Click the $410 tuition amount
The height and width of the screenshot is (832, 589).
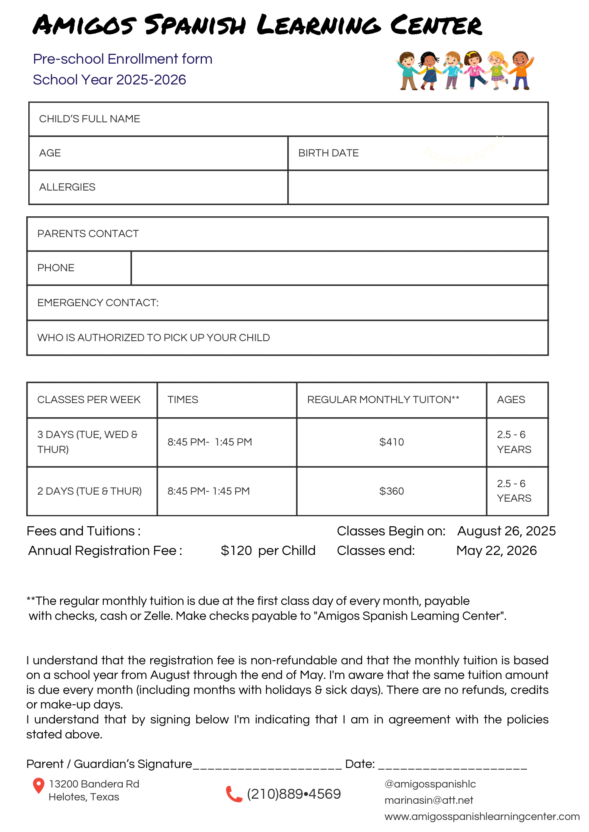point(391,442)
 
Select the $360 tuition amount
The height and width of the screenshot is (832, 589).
point(391,491)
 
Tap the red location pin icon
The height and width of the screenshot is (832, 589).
point(38,785)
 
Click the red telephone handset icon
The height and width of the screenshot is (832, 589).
point(234,794)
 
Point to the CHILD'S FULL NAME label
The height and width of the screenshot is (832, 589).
point(89,119)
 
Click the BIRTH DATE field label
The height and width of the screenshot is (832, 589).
point(328,153)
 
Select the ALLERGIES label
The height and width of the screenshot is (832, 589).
point(67,187)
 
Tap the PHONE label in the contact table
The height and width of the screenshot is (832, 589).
point(56,268)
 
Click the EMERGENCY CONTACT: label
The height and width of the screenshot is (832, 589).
point(98,303)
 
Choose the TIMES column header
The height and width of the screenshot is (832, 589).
point(183,400)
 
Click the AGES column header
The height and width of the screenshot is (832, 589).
point(511,400)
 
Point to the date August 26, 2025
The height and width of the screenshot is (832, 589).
point(506,531)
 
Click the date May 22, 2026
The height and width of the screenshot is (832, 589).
point(496,551)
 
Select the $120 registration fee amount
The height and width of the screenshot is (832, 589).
point(236,551)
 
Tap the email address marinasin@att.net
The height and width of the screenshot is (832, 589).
point(429,800)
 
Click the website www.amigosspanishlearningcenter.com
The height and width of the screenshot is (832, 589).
point(482,817)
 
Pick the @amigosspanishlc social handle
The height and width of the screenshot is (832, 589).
point(430,784)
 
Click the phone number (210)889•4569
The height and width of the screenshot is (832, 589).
point(294,794)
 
